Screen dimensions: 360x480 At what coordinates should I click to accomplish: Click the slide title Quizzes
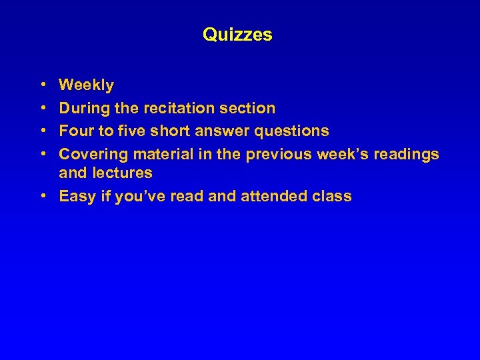pyautogui.click(x=237, y=35)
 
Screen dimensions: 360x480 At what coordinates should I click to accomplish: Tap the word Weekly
pyautogui.click(x=86, y=85)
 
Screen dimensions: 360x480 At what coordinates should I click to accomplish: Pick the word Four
pyautogui.click(x=76, y=131)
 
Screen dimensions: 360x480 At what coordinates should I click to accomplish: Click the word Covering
pyautogui.click(x=93, y=155)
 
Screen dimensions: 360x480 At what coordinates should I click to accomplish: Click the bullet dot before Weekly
pyautogui.click(x=43, y=85)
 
